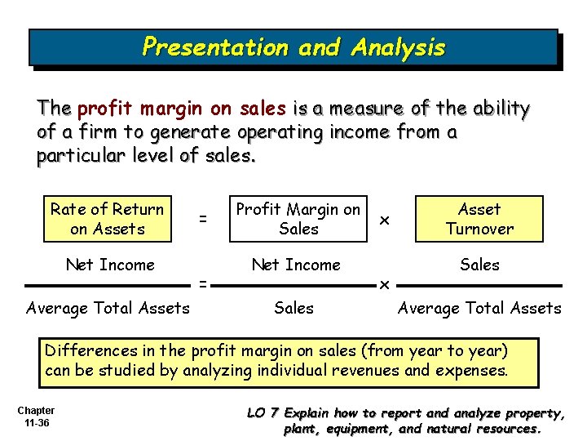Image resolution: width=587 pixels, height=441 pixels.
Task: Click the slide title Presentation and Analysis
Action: coord(293,47)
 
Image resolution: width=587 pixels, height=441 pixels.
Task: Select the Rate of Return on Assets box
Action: coord(108,220)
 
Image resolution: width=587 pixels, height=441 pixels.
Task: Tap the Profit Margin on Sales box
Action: coord(298,220)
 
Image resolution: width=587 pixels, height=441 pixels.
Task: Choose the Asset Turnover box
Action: coord(479,220)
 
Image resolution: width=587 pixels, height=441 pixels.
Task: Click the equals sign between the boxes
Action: coord(203,220)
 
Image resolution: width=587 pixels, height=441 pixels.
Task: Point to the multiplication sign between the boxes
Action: coord(385,220)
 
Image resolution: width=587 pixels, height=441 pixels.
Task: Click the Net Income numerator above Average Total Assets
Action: coord(110,265)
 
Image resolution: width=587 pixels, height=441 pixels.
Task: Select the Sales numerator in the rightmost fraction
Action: coord(479,265)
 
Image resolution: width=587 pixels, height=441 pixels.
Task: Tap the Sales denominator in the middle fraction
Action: coord(293,308)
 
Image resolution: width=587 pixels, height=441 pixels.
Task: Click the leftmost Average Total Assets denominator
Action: coord(108,308)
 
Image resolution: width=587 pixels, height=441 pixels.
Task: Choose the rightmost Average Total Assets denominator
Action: coord(479,308)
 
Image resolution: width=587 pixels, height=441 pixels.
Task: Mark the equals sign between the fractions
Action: coord(203,285)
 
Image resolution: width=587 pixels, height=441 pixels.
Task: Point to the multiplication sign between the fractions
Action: coord(384,285)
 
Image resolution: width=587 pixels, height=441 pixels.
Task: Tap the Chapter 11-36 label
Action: coord(36,416)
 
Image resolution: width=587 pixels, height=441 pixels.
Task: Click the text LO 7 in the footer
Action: coord(263,413)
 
